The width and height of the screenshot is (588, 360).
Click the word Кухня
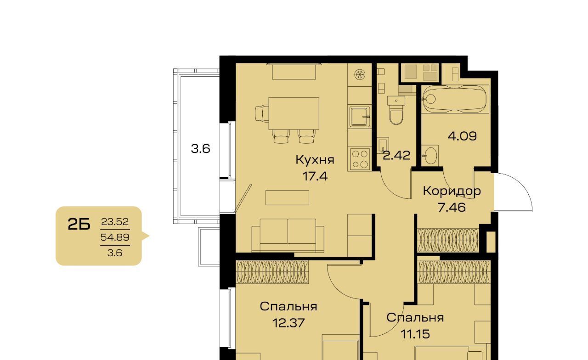(x=315, y=159)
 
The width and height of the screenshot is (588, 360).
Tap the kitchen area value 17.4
(x=315, y=176)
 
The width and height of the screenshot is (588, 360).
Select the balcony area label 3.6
(x=200, y=149)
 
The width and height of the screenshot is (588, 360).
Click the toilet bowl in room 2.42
(x=396, y=111)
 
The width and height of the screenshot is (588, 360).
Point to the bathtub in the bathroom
(x=455, y=99)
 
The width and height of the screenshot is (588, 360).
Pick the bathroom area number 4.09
(x=462, y=136)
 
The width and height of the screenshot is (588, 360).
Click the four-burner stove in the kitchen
(x=360, y=159)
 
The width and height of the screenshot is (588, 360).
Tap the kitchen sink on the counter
(x=360, y=117)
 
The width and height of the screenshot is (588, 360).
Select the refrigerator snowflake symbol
(x=359, y=75)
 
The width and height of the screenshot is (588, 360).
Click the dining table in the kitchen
(x=294, y=113)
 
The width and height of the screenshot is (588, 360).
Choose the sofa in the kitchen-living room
(x=288, y=236)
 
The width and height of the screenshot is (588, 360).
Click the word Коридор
(x=452, y=191)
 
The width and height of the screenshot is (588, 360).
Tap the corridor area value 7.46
(x=452, y=208)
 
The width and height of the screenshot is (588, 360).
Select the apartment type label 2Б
(x=79, y=225)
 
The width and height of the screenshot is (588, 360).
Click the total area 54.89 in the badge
(x=115, y=237)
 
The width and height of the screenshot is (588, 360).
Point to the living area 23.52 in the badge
(x=115, y=222)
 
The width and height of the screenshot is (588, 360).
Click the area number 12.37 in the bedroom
(x=288, y=323)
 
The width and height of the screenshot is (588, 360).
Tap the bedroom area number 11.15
(x=415, y=334)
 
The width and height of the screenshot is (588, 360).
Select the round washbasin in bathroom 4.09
(x=430, y=155)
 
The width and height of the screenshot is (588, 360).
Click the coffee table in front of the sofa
(x=287, y=197)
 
